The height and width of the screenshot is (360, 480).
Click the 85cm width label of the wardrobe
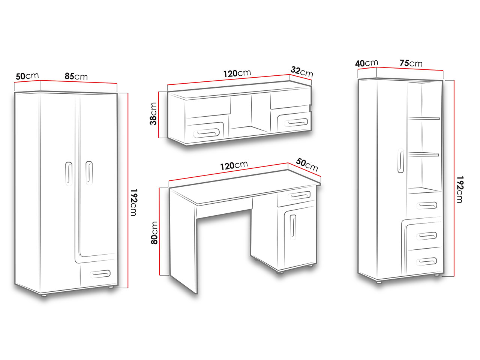tap(76, 76)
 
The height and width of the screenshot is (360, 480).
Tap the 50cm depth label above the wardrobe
tap(27, 76)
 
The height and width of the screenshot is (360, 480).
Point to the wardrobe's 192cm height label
tap(133, 202)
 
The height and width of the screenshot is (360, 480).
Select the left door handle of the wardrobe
tap(69, 174)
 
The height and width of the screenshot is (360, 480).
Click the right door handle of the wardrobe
tap(89, 173)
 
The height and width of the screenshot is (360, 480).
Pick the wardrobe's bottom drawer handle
tap(100, 274)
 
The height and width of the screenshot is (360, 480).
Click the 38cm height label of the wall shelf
tap(153, 114)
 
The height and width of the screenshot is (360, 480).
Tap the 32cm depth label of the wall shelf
tap(302, 72)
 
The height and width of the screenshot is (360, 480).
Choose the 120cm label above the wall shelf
tap(237, 73)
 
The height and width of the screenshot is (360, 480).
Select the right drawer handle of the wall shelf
tap(296, 122)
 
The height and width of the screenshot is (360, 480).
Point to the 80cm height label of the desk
tap(154, 232)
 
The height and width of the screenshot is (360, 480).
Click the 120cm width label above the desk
tap(234, 165)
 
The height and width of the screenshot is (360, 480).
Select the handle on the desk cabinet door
tap(293, 227)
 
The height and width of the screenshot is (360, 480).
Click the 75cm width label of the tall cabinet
tap(411, 63)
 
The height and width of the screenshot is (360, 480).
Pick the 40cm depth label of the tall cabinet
tap(366, 63)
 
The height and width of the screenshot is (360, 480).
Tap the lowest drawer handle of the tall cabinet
tap(427, 261)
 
